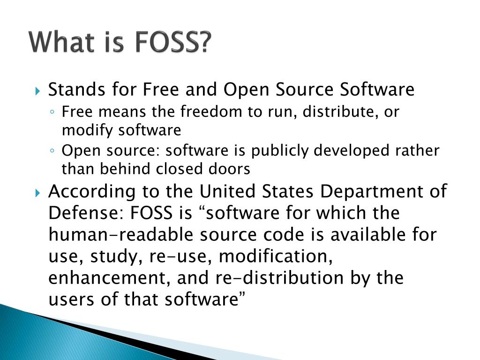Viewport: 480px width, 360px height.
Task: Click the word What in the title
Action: point(60,43)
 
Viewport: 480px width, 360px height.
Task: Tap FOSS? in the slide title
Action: point(173,43)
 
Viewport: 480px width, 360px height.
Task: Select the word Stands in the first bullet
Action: point(72,89)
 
